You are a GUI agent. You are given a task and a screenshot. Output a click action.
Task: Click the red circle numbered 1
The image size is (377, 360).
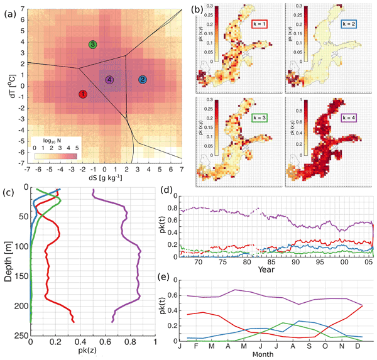click(82, 94)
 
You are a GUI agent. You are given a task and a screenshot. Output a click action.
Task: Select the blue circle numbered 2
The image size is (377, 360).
click(143, 80)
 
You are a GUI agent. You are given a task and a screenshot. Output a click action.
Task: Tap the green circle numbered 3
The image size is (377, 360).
click(93, 45)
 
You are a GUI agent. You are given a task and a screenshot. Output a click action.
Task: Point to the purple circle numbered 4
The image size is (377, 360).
click(109, 80)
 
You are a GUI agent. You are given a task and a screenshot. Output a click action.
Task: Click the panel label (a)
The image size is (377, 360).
click(10, 8)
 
